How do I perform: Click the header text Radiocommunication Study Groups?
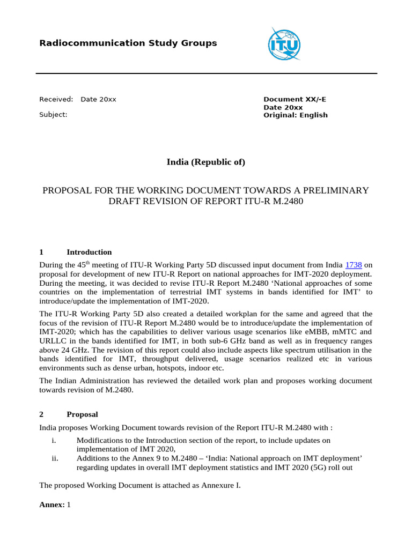[128, 43]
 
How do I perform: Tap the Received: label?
[56, 99]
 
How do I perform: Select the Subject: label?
[53, 114]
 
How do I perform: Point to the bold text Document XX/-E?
[295, 99]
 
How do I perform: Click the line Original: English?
[295, 115]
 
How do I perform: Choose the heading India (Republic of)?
[206, 162]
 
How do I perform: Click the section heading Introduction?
[89, 252]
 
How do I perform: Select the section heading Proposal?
[82, 414]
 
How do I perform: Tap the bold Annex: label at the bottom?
[52, 505]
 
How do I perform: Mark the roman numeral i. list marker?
[54, 440]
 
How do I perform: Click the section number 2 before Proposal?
[42, 414]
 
